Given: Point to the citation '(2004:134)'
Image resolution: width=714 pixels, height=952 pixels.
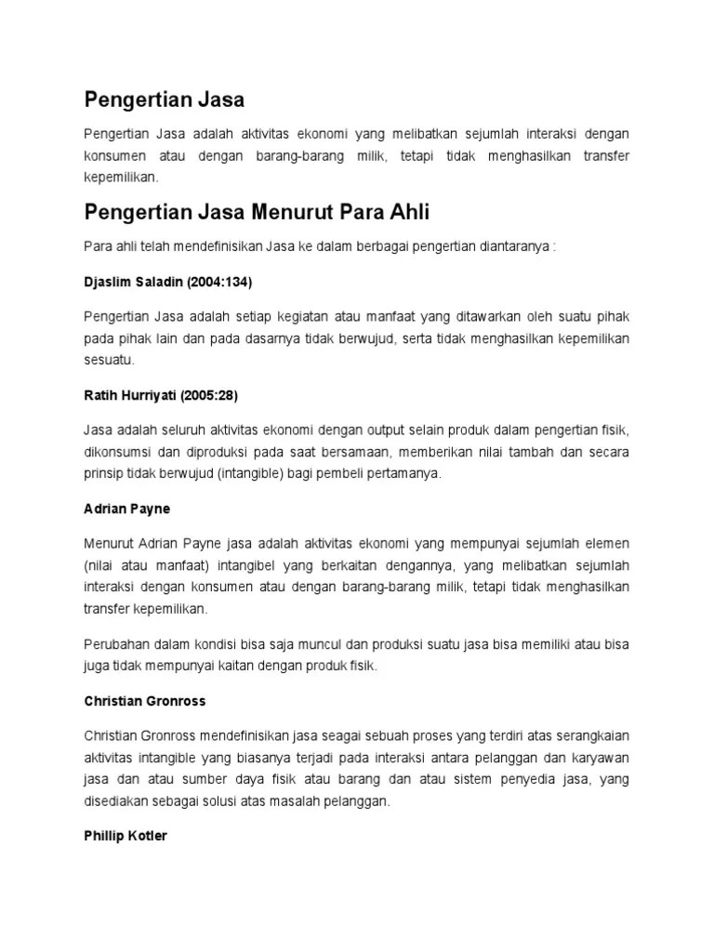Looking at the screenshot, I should pyautogui.click(x=220, y=280).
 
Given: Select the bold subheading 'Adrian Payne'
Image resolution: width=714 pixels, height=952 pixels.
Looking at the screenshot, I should pyautogui.click(x=126, y=509).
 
